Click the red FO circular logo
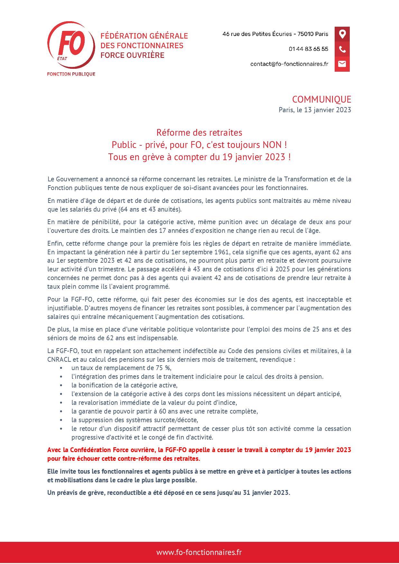tap(71, 45)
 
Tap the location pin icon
tap(342, 34)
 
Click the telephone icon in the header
tap(342, 49)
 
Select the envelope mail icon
tap(342, 64)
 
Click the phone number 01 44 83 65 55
tap(308, 49)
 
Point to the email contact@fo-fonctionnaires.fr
tap(289, 64)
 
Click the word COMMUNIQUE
tap(321, 99)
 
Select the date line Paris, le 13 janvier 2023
tap(315, 110)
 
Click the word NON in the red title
tap(272, 145)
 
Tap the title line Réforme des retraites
tap(199, 132)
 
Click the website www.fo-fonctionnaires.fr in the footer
tap(199, 552)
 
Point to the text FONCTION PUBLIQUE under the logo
tap(71, 74)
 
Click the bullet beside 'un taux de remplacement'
tap(61, 368)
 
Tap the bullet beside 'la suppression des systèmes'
tap(61, 420)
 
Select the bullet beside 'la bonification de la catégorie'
tap(61, 386)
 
